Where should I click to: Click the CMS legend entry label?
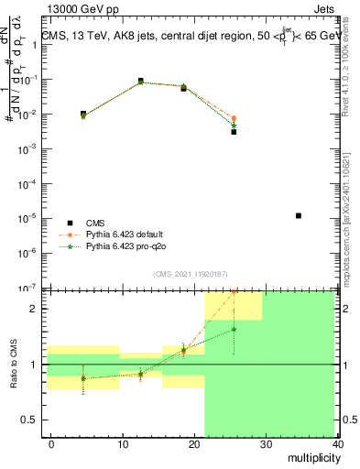[95, 223]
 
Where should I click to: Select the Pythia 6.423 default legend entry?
[131, 235]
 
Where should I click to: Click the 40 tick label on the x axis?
[340, 443]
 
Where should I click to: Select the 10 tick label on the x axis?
[123, 443]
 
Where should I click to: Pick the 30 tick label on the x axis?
[267, 443]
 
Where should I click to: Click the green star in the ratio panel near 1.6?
[234, 329]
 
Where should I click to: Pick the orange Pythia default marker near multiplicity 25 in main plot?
[234, 118]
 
